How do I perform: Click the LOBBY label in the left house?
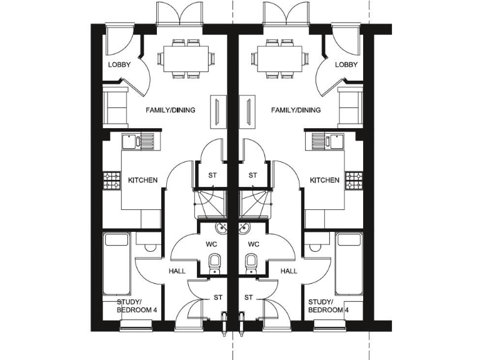(x=119, y=65)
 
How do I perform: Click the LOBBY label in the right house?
(x=346, y=65)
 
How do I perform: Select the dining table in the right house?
(x=279, y=58)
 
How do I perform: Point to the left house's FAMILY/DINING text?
(x=170, y=110)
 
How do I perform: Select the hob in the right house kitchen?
(x=353, y=181)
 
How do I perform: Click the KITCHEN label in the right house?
(x=324, y=180)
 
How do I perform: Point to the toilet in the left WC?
(x=214, y=261)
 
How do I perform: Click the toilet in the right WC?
(x=251, y=261)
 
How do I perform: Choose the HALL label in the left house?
(x=177, y=271)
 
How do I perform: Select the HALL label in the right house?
(x=289, y=271)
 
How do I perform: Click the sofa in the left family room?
(x=116, y=106)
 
